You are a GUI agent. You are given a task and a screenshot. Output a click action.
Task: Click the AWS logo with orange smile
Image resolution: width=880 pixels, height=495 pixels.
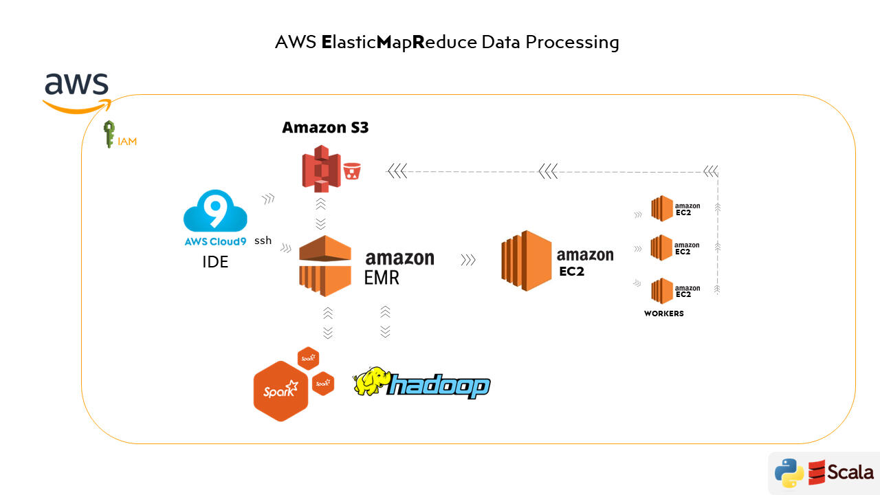click(x=76, y=91)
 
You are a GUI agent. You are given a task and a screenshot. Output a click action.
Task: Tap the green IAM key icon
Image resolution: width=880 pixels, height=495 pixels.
click(x=109, y=135)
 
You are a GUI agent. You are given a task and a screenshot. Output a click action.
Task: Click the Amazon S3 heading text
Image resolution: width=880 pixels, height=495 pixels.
click(x=325, y=127)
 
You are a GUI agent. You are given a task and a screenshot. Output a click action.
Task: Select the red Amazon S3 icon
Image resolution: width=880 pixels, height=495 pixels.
click(x=322, y=168)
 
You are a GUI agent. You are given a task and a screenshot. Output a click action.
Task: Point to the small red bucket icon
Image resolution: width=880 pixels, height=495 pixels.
click(x=352, y=170)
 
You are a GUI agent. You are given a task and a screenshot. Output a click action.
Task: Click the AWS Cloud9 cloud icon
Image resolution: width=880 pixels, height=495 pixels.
click(x=215, y=212)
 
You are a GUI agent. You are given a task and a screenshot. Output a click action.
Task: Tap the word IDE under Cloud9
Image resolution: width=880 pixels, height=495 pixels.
click(x=215, y=261)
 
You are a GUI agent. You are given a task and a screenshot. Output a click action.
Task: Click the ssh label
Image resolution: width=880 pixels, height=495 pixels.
click(x=263, y=241)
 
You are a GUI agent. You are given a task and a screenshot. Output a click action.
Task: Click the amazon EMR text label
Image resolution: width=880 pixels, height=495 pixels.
click(x=399, y=267)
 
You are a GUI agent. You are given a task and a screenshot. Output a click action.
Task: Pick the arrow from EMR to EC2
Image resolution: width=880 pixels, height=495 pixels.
click(x=468, y=261)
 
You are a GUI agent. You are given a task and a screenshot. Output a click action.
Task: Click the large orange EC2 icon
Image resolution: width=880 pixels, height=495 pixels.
click(x=527, y=261)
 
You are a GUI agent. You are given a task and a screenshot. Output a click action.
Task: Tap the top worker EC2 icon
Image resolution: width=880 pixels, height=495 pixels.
click(x=662, y=208)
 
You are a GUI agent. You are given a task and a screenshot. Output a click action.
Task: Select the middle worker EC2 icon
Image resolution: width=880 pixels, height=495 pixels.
click(x=662, y=247)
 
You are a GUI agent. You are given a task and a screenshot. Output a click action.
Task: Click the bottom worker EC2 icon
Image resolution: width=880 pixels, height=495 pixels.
click(x=662, y=290)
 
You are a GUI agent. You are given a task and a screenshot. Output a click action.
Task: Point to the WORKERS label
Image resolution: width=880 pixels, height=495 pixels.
click(x=664, y=313)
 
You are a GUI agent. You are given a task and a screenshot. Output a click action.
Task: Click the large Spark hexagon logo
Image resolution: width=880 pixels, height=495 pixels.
click(x=280, y=390)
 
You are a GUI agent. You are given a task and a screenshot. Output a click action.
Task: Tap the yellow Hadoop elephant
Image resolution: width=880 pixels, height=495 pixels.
click(x=371, y=382)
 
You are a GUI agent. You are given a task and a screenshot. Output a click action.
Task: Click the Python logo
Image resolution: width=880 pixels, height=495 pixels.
click(x=789, y=473)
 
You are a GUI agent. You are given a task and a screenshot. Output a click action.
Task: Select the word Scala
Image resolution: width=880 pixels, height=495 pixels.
click(x=850, y=472)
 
